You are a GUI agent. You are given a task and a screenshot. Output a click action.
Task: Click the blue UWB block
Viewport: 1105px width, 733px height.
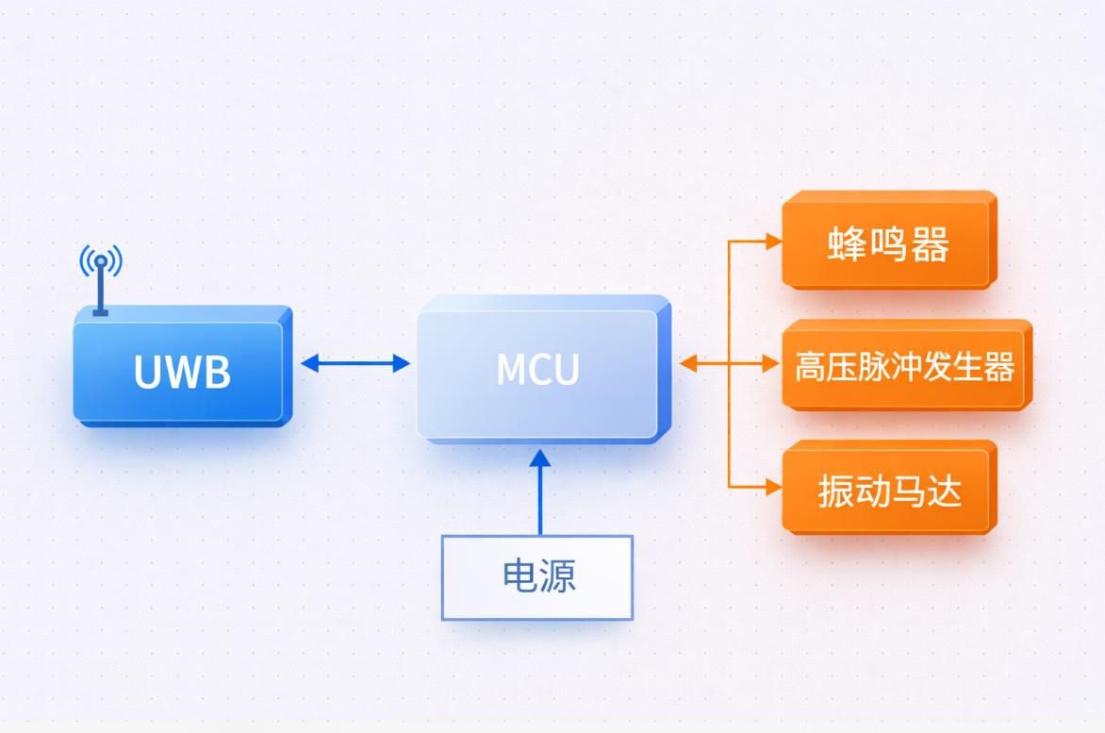coord(179,371)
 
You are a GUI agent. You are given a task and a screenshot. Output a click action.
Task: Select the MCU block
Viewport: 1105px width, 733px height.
coord(537,371)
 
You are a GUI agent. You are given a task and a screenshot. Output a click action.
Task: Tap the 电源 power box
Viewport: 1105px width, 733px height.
coord(537,577)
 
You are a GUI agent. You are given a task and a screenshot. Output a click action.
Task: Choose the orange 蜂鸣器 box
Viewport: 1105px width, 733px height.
coord(887,244)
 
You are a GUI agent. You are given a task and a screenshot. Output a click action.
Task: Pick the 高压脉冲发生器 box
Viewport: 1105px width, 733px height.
coord(904,366)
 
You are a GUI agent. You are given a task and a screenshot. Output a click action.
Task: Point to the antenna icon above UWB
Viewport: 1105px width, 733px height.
coord(101,274)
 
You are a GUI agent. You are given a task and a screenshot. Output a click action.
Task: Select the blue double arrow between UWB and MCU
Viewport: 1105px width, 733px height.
coord(355,363)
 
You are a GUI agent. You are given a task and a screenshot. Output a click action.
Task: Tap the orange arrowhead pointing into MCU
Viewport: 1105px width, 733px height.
coord(688,363)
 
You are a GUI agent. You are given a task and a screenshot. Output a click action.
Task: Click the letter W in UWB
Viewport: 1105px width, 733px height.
coord(182,372)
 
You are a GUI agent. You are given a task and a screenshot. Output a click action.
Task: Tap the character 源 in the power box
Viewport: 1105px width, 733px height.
coord(558,576)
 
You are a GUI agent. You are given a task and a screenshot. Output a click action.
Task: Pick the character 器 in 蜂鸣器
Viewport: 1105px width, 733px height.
coord(930,244)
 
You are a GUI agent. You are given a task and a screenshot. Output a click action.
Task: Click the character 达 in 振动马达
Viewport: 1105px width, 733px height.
coord(944,491)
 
